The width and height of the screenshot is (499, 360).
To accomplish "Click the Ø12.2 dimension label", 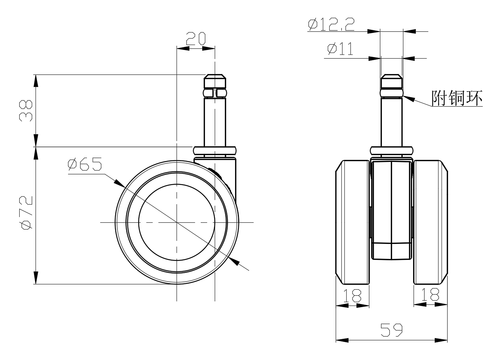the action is click(x=331, y=24).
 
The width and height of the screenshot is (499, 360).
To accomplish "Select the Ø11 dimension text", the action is click(x=340, y=49).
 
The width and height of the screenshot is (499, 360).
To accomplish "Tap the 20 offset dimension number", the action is click(x=195, y=39).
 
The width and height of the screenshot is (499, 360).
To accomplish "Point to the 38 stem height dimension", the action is click(x=26, y=111).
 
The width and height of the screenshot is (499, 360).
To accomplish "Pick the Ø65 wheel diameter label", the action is click(x=85, y=164).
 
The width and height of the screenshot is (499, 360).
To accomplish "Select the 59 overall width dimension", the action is click(x=391, y=330).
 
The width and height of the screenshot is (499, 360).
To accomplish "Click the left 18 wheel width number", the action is click(x=352, y=295).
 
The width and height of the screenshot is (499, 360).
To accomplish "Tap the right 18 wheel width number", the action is click(x=430, y=294).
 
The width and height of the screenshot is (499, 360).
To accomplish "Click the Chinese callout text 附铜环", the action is click(x=457, y=98).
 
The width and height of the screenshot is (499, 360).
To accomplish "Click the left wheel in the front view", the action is click(x=352, y=222).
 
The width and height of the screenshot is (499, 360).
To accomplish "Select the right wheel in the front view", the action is click(x=431, y=222).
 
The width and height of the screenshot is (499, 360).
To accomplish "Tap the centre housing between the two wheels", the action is click(x=391, y=210).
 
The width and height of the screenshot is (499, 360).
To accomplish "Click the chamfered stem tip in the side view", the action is click(x=215, y=81).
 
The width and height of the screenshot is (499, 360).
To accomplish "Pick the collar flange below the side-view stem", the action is click(x=215, y=151).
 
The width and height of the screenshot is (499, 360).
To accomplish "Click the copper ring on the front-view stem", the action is click(x=392, y=93).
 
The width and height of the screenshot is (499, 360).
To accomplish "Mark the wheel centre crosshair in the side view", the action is click(x=177, y=222).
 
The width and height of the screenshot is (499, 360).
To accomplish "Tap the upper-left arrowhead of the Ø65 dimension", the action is click(x=119, y=183).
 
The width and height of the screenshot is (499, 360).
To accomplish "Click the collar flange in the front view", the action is click(x=392, y=151).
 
